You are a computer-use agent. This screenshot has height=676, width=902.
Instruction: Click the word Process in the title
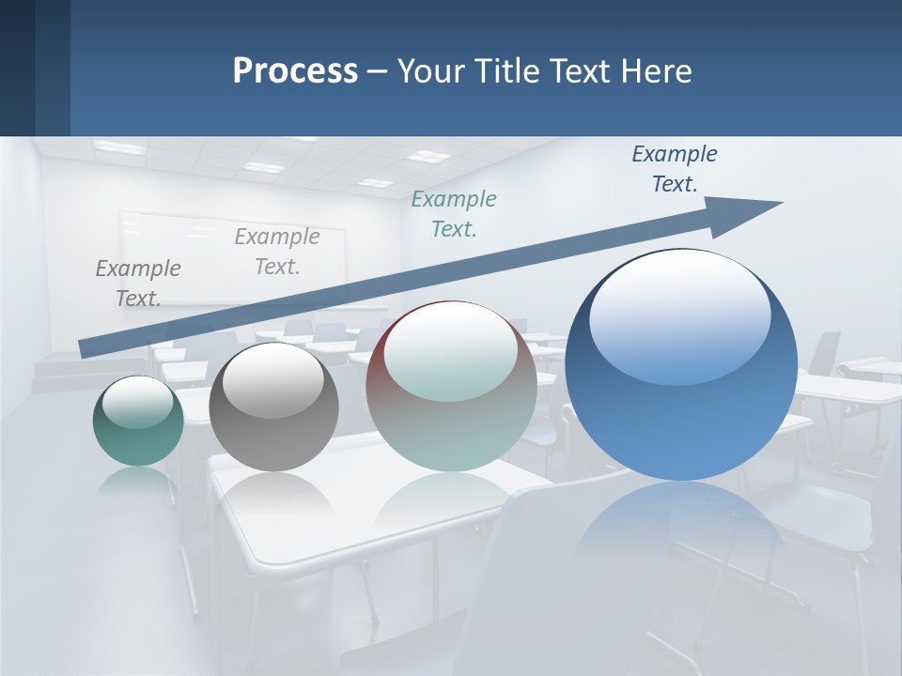pos(295,71)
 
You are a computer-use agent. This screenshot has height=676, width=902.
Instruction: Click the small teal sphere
pos(138,422)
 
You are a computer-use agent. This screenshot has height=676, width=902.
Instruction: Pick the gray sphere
pos(273,407)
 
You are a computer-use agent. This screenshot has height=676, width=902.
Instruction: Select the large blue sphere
pos(681,366)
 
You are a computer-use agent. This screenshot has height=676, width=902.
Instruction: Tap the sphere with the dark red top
pos(451,386)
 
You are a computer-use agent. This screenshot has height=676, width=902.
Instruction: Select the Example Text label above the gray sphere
pos(277,252)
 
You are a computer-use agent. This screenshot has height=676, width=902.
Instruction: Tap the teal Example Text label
pos(454,214)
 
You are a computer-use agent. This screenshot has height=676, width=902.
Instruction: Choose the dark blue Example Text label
pos(674,169)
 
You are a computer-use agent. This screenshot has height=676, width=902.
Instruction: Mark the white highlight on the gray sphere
pos(272,379)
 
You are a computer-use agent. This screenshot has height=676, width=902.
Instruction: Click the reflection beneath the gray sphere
pos(272,493)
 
